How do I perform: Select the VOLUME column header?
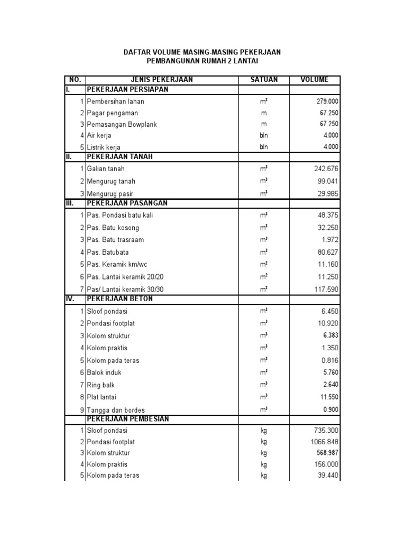click(x=314, y=80)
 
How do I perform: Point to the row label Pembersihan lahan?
click(x=115, y=101)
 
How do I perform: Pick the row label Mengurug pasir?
click(x=111, y=193)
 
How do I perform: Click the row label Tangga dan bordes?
click(x=116, y=410)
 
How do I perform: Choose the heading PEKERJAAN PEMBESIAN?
click(x=128, y=419)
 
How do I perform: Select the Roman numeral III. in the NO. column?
click(x=71, y=203)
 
